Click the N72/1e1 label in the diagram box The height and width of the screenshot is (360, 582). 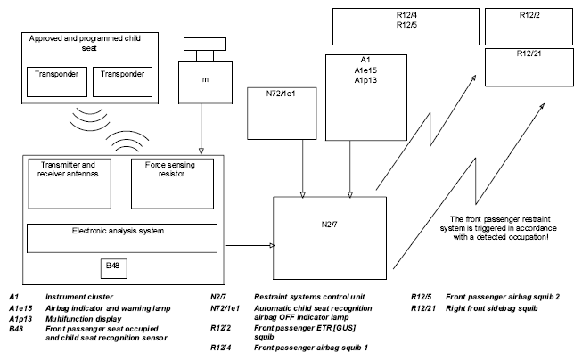[x=281, y=94]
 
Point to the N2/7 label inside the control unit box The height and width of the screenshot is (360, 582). [x=329, y=225]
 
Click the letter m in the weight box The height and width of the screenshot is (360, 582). [x=205, y=80]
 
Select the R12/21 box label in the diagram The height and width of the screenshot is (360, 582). [x=529, y=53]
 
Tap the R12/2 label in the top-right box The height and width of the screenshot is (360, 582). [x=529, y=15]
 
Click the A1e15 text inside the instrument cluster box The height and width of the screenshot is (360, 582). [x=365, y=70]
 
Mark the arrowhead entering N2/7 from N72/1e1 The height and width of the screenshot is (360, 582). [x=302, y=195]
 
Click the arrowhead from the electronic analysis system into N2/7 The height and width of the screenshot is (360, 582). [x=272, y=245]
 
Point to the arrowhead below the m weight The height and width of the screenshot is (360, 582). [x=201, y=151]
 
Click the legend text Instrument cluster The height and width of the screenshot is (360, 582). [x=79, y=297]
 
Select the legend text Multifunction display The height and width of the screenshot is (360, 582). [x=84, y=319]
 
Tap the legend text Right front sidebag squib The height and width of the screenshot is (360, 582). [x=491, y=308]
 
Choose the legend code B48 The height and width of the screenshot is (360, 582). [x=16, y=329]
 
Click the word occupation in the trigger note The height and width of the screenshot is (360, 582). [x=529, y=237]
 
